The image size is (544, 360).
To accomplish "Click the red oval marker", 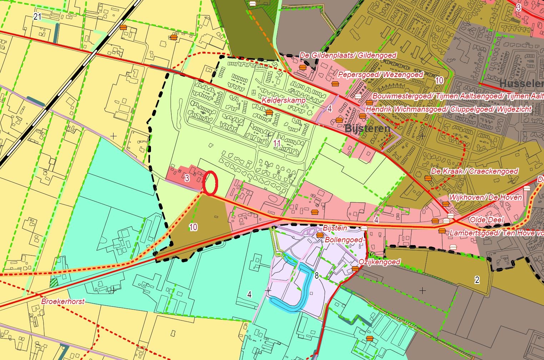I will [x=210, y=183].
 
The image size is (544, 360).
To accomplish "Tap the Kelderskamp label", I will [x=283, y=100].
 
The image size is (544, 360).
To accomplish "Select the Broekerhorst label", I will [x=63, y=301].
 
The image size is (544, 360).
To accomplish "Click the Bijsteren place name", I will [x=367, y=128].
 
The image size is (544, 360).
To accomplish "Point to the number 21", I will [x=37, y=16].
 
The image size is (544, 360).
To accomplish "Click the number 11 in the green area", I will [x=277, y=143].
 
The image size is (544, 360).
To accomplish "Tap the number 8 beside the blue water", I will [x=316, y=275].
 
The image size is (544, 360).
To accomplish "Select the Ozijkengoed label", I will [x=379, y=262].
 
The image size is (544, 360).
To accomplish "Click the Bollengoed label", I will [x=343, y=240].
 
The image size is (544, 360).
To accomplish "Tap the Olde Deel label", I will [x=487, y=219].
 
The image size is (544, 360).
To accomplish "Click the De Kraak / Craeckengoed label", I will [x=474, y=171].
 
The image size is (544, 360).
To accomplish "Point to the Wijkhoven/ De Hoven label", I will [x=485, y=197].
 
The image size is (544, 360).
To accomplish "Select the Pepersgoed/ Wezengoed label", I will [x=380, y=75].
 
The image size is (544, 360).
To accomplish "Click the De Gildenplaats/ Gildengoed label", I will [x=348, y=55].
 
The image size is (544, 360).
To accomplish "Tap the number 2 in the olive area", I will [x=477, y=280].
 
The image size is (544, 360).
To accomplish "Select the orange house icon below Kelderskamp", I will [x=269, y=112].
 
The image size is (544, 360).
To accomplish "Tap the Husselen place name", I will [x=521, y=84].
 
